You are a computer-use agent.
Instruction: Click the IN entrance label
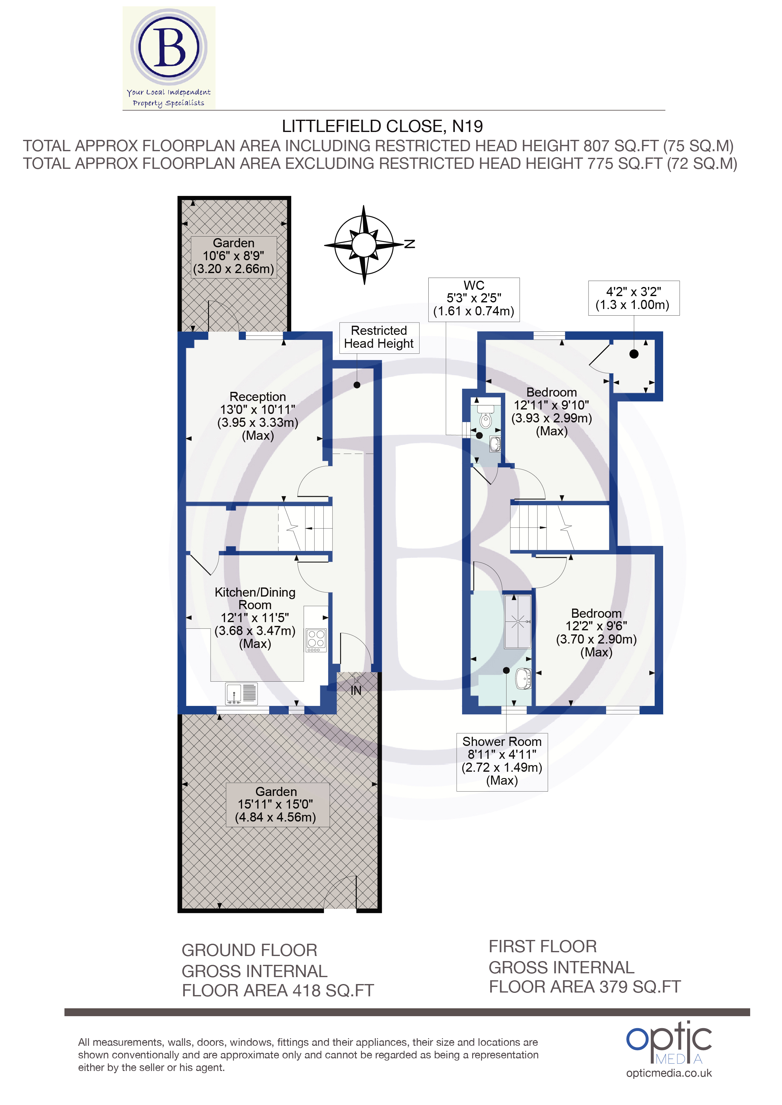(356, 690)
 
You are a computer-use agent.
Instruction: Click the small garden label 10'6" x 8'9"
(234, 256)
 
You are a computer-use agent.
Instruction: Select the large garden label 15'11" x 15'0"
(276, 805)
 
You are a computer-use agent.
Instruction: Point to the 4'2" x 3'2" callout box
(633, 298)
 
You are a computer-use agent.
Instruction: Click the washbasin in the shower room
(523, 678)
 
